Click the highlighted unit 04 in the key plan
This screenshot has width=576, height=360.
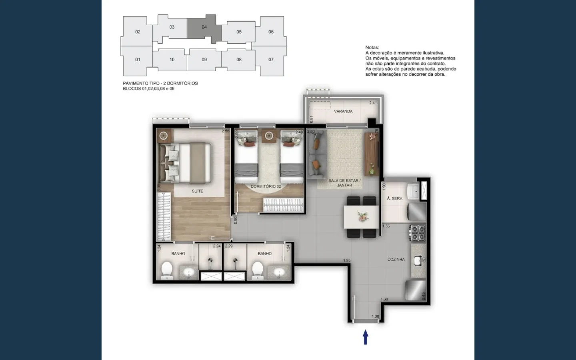(x=204, y=28)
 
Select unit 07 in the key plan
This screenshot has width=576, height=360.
(x=271, y=60)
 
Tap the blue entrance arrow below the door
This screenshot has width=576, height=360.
(x=365, y=337)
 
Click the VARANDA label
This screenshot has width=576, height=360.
(x=343, y=111)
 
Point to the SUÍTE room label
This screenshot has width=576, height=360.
(x=197, y=191)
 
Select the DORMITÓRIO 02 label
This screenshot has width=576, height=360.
(x=266, y=186)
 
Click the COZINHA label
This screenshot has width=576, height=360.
(x=396, y=260)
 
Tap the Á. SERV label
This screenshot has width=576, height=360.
(x=394, y=198)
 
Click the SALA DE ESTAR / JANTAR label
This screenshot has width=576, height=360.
(x=344, y=183)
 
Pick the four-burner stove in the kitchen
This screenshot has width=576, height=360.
(x=418, y=233)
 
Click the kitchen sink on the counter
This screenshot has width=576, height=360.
(x=418, y=261)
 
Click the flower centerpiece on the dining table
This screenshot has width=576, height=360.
(x=362, y=216)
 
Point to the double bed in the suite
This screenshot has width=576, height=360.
(x=185, y=163)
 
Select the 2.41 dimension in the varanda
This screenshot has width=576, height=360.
(x=373, y=103)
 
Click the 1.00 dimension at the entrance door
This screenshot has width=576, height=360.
(x=375, y=317)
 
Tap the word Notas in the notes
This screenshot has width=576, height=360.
(x=372, y=48)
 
